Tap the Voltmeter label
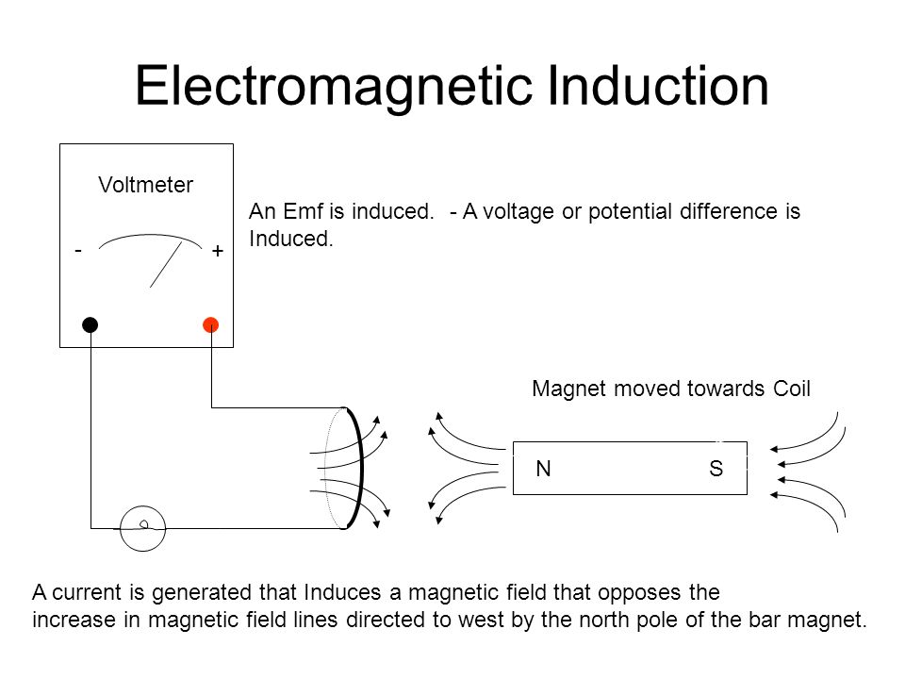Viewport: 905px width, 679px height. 146,186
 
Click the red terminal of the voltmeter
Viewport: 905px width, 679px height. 211,325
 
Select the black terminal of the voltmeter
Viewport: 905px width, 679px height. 90,325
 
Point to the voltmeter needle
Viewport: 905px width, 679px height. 166,262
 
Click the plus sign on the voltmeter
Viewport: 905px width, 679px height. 217,252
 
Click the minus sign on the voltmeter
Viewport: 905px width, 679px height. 79,250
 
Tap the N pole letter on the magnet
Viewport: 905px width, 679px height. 543,468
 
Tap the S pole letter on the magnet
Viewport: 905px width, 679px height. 716,468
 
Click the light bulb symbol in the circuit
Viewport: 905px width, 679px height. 143,526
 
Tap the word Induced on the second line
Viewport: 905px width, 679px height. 289,240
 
